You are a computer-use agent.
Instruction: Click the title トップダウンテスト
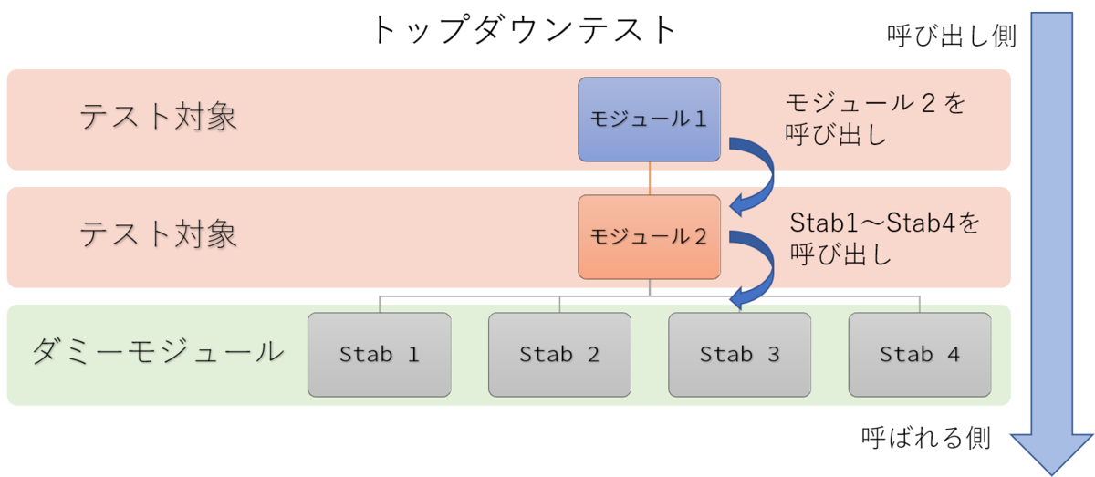[524, 30]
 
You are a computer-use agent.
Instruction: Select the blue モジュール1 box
[649, 119]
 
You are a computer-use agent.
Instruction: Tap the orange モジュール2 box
[649, 237]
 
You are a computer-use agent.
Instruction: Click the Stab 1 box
[380, 355]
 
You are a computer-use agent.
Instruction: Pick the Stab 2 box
[559, 355]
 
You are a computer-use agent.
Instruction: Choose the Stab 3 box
[740, 355]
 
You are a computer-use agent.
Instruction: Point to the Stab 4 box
[920, 355]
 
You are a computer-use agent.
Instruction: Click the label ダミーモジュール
[158, 352]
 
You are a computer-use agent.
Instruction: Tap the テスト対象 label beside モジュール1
[158, 117]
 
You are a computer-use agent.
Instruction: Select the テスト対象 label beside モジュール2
[158, 234]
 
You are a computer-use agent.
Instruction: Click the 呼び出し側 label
[952, 36]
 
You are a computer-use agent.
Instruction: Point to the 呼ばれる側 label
[926, 438]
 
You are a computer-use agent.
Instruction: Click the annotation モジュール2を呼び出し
[875, 119]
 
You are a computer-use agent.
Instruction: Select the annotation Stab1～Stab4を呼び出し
[885, 238]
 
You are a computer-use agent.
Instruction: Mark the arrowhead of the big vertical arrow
[1052, 453]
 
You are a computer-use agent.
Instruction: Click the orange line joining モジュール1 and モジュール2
[650, 179]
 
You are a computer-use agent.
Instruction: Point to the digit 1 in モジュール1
[700, 119]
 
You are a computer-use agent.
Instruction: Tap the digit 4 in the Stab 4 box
[954, 354]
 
